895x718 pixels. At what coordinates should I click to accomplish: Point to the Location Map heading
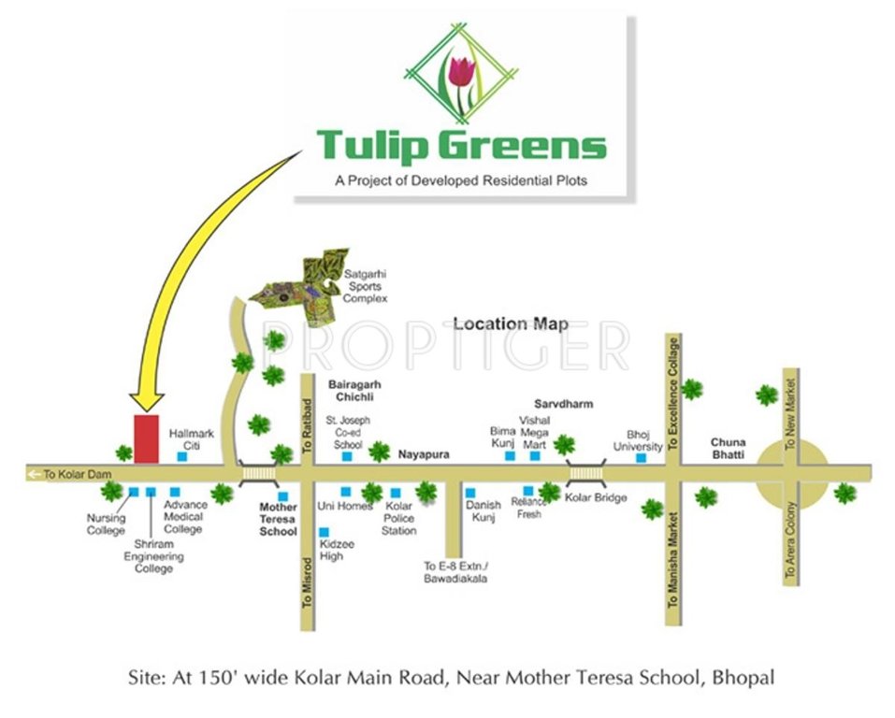pyautogui.click(x=511, y=324)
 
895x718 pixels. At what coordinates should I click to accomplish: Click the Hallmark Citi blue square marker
pyautogui.click(x=180, y=457)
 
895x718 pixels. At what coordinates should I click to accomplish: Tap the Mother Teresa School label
pyautogui.click(x=278, y=519)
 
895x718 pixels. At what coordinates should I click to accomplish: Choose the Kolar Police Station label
pyautogui.click(x=399, y=519)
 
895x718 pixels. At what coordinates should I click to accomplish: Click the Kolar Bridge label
pyautogui.click(x=596, y=497)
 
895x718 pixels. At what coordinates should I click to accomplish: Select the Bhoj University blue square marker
pyautogui.click(x=641, y=458)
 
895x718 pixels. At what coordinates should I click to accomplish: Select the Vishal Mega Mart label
pyautogui.click(x=535, y=433)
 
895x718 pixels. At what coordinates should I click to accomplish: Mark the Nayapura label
pyautogui.click(x=424, y=454)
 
